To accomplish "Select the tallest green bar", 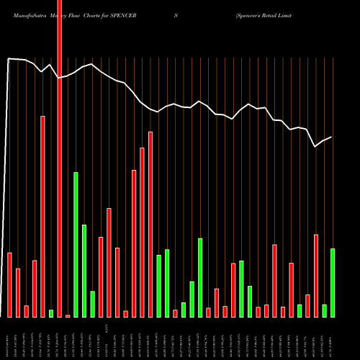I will pos(76,245).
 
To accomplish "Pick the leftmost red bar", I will pos(10,284).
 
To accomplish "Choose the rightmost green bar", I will pos(333,282).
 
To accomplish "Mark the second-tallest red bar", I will pos(43,216).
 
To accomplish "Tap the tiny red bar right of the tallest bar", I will pos(68,315).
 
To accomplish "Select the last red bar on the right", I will pos(316,275).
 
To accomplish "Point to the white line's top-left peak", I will pos(9,59).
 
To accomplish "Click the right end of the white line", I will pos(331,137).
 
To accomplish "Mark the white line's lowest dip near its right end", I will pos(315,146).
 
